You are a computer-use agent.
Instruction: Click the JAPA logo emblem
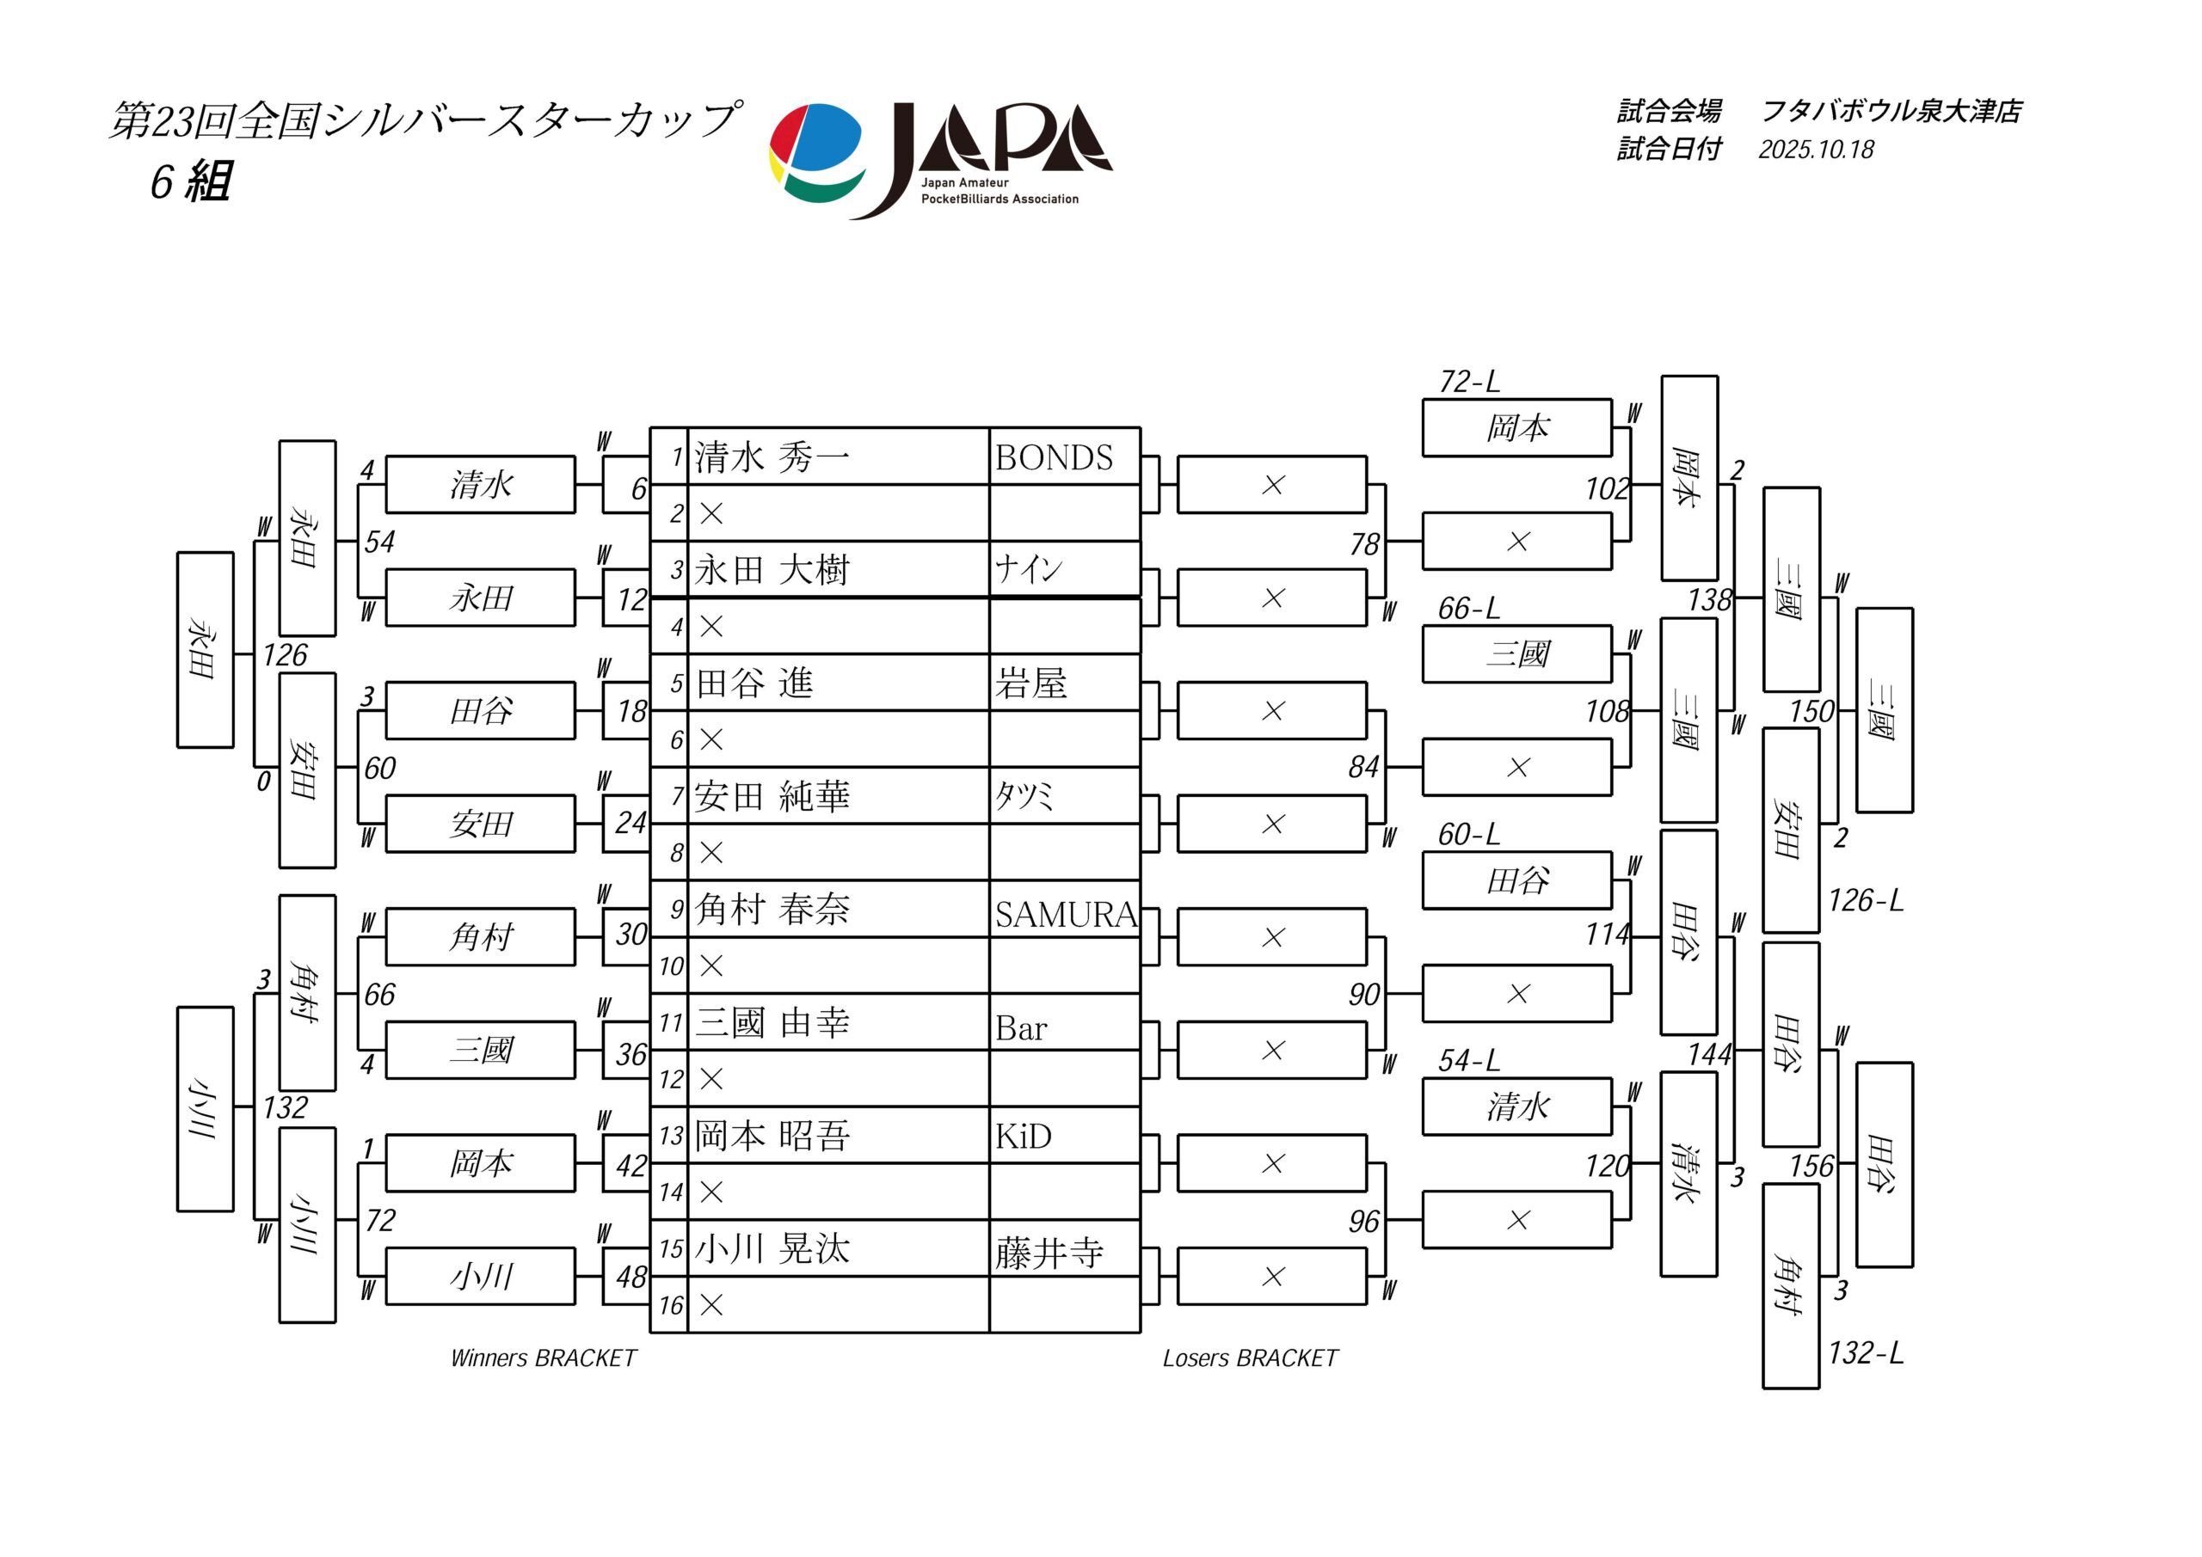pos(817,153)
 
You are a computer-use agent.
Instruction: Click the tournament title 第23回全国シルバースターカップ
pos(424,121)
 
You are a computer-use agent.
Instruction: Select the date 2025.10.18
pos(1816,150)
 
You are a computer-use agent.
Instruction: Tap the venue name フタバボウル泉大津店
pos(1891,111)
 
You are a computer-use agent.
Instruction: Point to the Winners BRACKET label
pos(543,1358)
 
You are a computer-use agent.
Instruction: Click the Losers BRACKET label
pos(1250,1358)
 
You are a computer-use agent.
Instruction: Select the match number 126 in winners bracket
pos(285,656)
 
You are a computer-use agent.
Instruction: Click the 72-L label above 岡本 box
pos(1468,383)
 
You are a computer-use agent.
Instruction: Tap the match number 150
pos(1811,711)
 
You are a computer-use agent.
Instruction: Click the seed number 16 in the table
pos(670,1306)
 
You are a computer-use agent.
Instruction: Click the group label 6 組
pos(190,181)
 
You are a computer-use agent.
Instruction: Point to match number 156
pos(1811,1167)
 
